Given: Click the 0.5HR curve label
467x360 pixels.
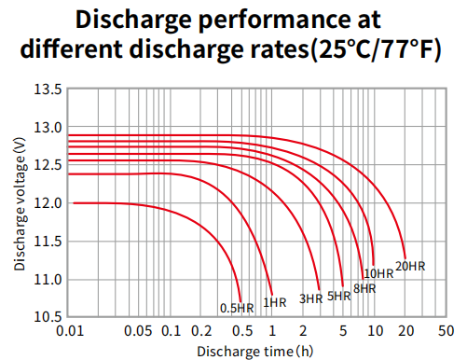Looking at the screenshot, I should pyautogui.click(x=237, y=307).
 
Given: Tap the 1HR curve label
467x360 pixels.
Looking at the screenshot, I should pyautogui.click(x=274, y=302).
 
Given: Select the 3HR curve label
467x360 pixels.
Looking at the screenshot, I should pyautogui.click(x=310, y=298).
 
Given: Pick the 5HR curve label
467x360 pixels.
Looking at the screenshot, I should pyautogui.click(x=339, y=296).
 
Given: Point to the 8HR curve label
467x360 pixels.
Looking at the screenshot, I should pyautogui.click(x=364, y=288).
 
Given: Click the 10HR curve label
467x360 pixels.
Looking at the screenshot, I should pyautogui.click(x=378, y=273).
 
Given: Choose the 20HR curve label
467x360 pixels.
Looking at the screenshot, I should pyautogui.click(x=410, y=266).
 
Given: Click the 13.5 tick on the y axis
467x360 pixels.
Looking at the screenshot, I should pyautogui.click(x=48, y=90).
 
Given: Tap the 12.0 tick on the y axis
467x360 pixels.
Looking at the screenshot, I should pyautogui.click(x=48, y=203).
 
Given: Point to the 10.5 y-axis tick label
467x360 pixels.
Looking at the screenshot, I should pyautogui.click(x=48, y=317).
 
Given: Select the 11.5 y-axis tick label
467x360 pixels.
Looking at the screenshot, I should pyautogui.click(x=48, y=242).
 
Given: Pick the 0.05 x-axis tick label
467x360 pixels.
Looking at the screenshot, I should pyautogui.click(x=139, y=332).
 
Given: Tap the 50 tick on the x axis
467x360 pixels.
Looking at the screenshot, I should pyautogui.click(x=445, y=332).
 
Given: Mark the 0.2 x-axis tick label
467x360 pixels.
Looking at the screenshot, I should pyautogui.click(x=201, y=332).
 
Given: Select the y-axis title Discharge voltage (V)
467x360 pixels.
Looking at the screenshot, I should pyautogui.click(x=19, y=203).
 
